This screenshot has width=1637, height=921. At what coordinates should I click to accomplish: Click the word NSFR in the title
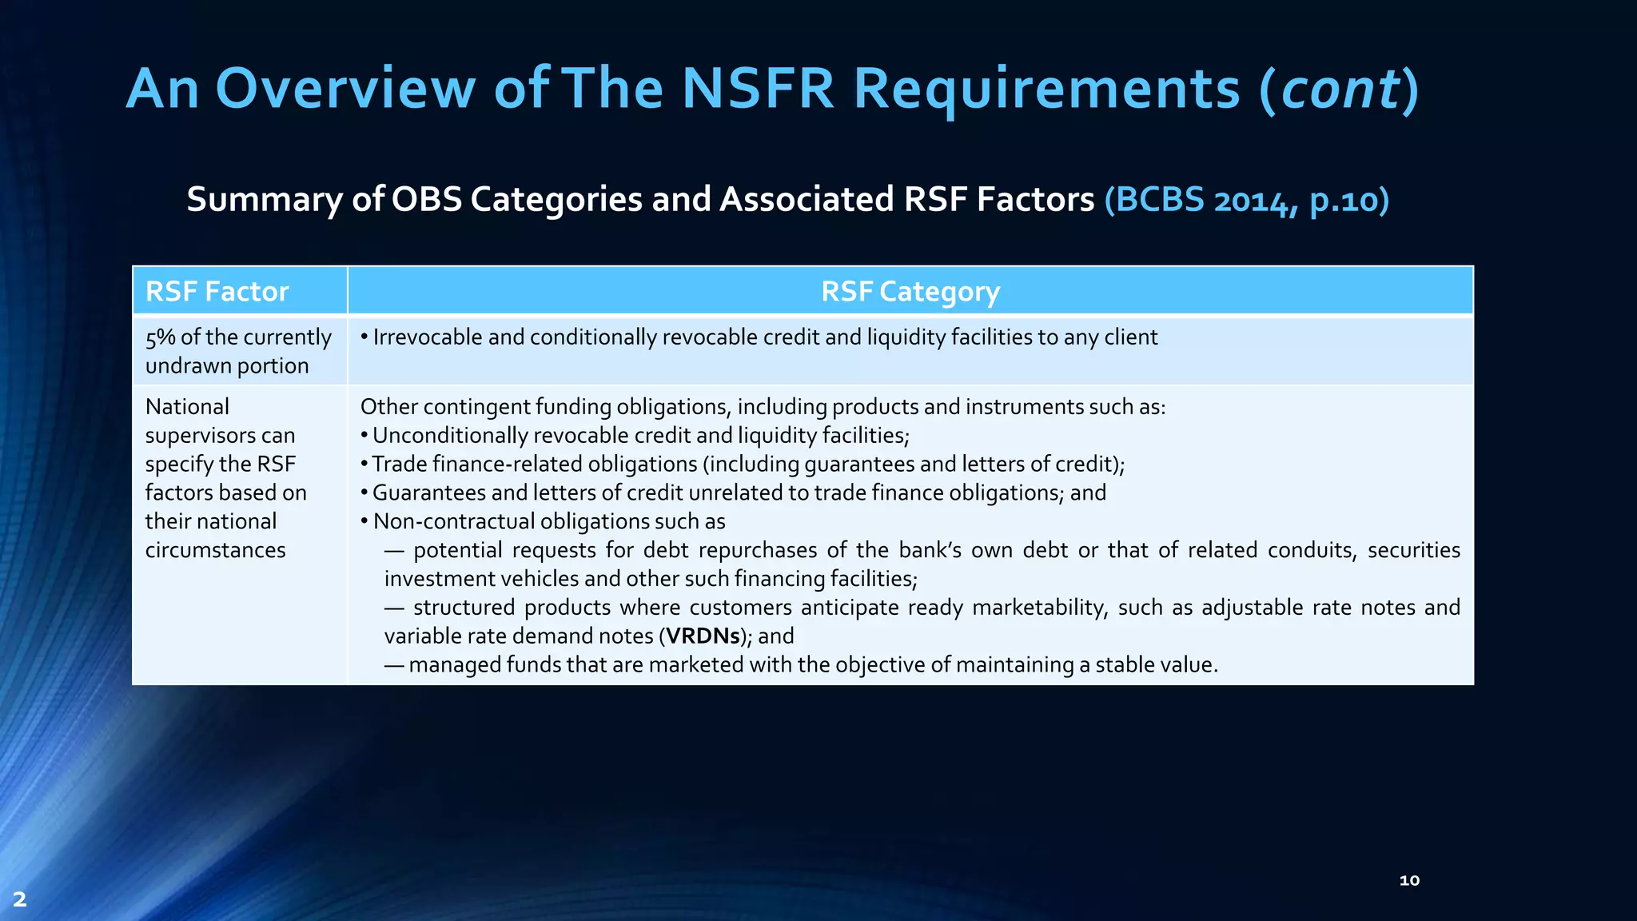coord(758,88)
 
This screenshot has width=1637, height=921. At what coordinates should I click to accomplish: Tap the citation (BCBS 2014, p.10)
coord(1246,200)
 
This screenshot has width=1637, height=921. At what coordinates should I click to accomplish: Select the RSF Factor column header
coord(217,292)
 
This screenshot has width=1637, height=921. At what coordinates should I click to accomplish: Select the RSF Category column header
coord(910,292)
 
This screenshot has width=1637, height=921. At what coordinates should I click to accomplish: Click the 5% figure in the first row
coord(160,337)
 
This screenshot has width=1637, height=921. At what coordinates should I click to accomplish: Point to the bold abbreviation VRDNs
coord(703,636)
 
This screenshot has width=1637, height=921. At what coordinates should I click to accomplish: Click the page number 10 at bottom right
coord(1409,880)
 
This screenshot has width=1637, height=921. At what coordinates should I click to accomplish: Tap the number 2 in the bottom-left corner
coord(20,899)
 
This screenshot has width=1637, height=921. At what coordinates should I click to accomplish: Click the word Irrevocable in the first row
coord(428,337)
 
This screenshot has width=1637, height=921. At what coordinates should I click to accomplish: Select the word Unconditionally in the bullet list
coord(450,436)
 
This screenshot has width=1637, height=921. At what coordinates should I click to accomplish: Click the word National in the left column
coord(187,407)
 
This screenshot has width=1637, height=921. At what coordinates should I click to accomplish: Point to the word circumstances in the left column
coord(215,550)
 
